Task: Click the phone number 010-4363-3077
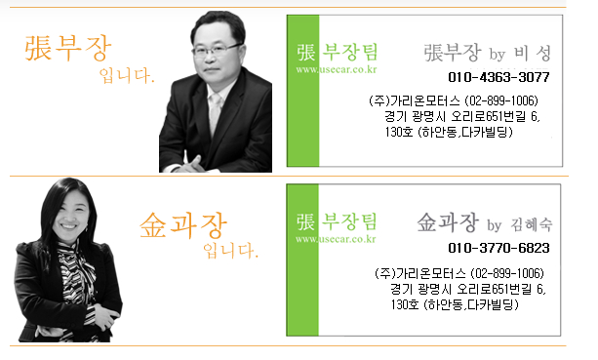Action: point(498,77)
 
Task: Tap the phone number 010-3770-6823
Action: point(498,248)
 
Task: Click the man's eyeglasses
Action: point(217,50)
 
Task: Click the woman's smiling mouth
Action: point(69,226)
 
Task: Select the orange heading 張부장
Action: point(68,48)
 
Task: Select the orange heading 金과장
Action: point(183,225)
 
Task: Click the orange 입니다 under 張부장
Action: point(127,75)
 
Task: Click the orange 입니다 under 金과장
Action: point(231,251)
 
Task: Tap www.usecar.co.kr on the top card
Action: point(336,69)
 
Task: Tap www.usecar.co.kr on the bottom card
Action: point(336,239)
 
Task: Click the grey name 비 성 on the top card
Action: point(533,54)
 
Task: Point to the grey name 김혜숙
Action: point(532,224)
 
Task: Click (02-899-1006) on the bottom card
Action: point(507,273)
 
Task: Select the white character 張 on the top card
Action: point(306,53)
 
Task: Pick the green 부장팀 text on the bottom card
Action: point(349,221)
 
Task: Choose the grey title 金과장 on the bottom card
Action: point(448,222)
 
